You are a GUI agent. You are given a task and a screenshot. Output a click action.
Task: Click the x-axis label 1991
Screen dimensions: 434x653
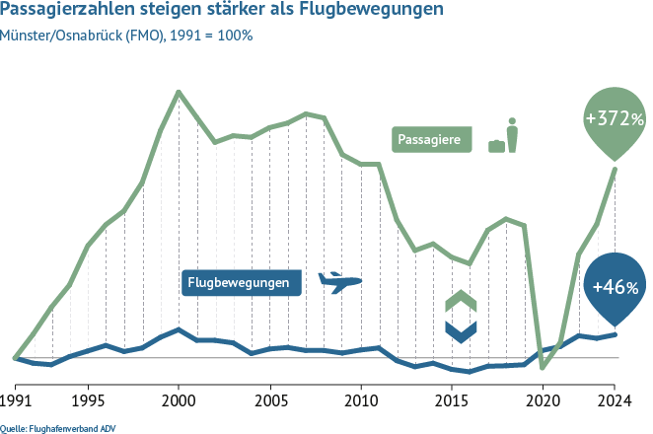click(x=17, y=402)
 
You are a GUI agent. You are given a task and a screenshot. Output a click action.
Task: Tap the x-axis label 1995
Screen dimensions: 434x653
click(x=88, y=402)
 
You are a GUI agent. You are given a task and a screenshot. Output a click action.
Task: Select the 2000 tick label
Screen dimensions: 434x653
click(x=179, y=402)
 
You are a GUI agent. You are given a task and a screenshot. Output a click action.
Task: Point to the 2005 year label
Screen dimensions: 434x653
click(x=269, y=402)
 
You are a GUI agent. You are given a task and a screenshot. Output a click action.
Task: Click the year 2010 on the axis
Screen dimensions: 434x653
click(x=360, y=402)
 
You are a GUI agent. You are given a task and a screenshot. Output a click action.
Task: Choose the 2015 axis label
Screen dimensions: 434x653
click(x=451, y=402)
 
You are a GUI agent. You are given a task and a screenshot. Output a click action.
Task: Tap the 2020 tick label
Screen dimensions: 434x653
click(x=542, y=402)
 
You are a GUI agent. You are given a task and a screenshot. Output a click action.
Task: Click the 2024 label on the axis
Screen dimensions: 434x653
click(x=615, y=402)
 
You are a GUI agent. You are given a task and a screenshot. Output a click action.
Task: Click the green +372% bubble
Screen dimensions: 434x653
click(x=615, y=120)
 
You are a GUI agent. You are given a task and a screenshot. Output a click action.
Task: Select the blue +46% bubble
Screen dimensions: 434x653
click(x=615, y=287)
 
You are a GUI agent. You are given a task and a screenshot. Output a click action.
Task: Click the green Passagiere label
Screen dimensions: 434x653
click(x=430, y=140)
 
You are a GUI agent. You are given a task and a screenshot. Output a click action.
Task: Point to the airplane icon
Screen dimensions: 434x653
click(x=341, y=282)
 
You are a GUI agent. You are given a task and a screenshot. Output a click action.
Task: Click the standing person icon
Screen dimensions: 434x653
click(x=511, y=135)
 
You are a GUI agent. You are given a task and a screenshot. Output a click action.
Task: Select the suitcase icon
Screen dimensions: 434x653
click(x=496, y=145)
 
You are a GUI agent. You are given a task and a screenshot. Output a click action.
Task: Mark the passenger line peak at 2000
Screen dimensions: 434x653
click(x=179, y=92)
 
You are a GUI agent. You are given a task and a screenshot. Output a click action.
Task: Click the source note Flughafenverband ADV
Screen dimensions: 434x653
click(x=48, y=427)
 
